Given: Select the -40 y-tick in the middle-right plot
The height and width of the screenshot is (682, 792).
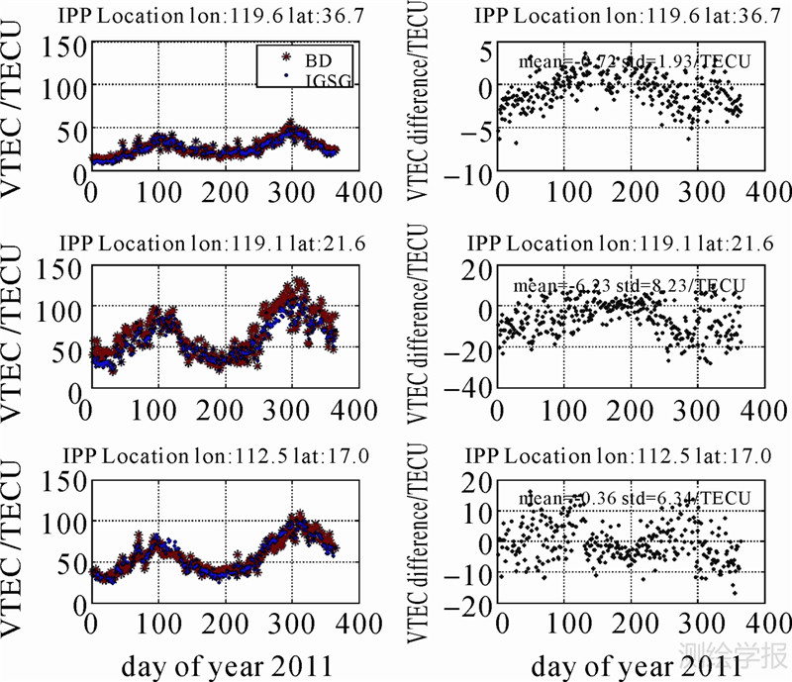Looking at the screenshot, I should click(x=464, y=389).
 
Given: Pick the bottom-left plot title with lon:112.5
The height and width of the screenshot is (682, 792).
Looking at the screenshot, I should click(x=219, y=455).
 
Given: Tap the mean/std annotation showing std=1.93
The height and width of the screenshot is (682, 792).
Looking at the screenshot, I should click(x=635, y=61).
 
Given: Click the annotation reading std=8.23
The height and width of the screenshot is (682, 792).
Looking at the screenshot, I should click(x=629, y=286).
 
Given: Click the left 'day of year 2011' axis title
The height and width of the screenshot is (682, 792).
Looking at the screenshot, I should click(x=219, y=665).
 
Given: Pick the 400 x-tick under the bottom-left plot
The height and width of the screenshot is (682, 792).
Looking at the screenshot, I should click(x=361, y=625).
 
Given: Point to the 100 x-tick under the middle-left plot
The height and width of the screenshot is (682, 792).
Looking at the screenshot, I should click(x=158, y=410).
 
